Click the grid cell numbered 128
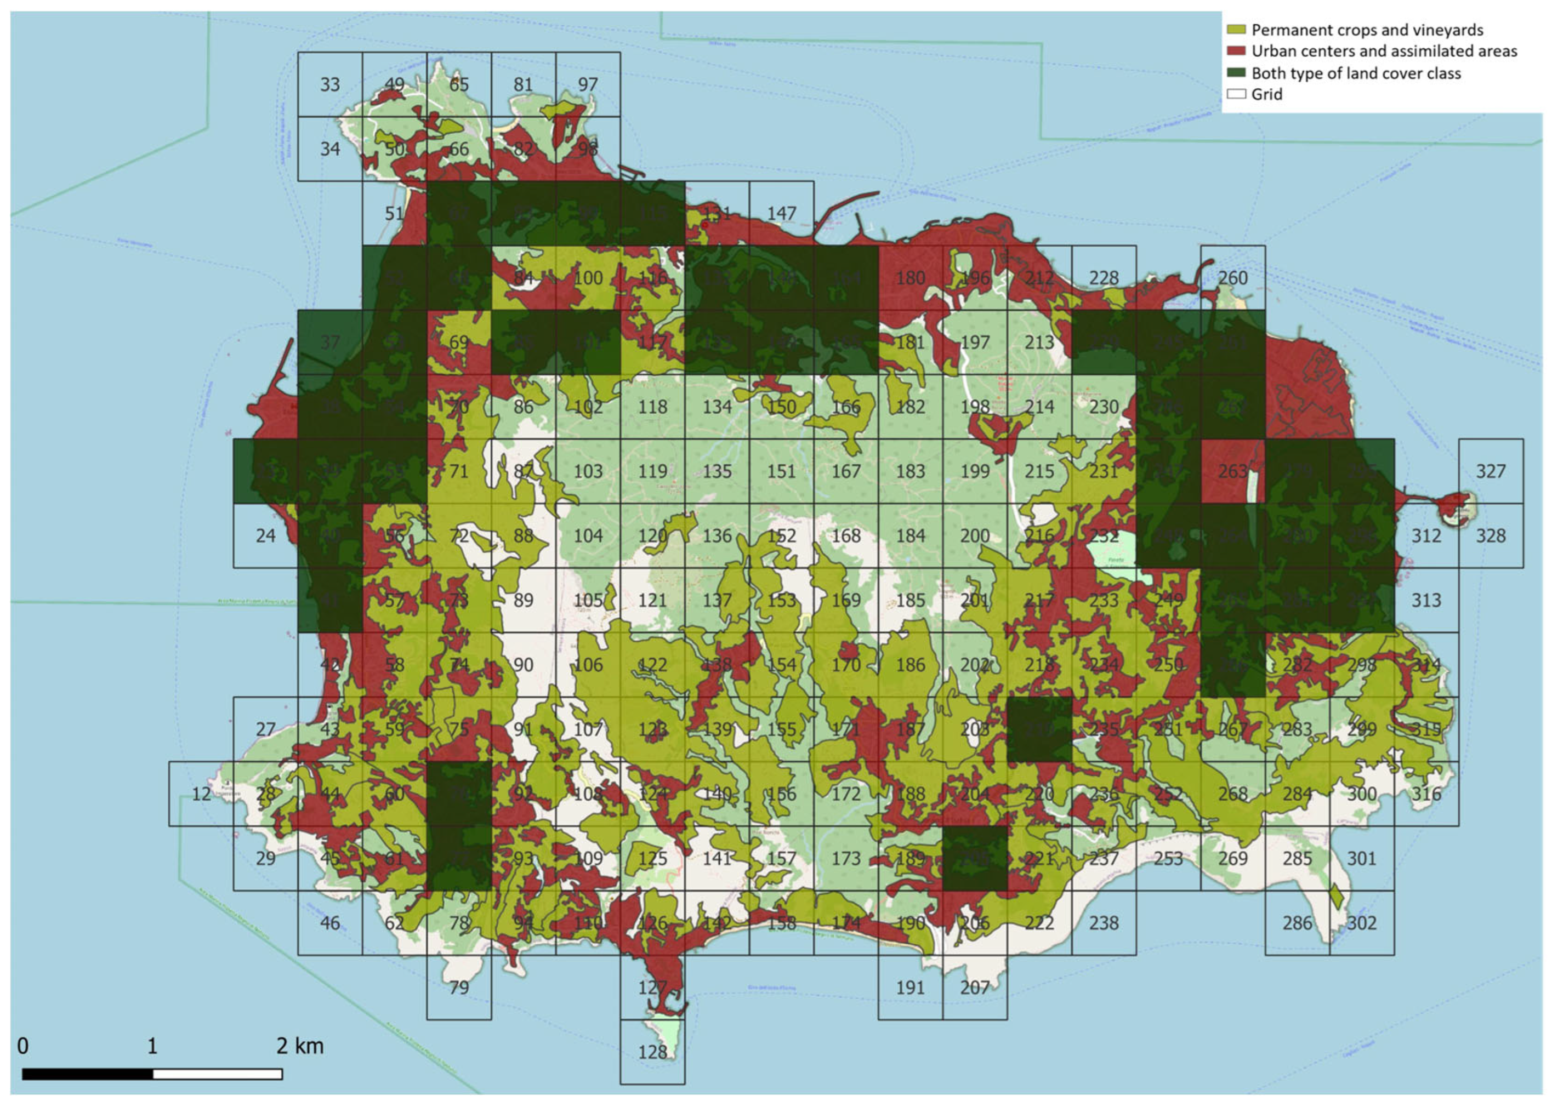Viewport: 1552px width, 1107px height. tap(652, 1051)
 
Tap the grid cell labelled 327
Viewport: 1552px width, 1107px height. tap(1491, 471)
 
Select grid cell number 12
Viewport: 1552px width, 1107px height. tap(201, 794)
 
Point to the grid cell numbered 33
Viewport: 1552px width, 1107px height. tap(330, 84)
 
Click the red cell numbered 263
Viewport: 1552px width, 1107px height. tap(1232, 471)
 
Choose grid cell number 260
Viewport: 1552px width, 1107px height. tap(1232, 277)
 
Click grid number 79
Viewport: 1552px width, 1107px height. tap(459, 987)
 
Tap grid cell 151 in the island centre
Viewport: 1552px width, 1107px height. tap(781, 471)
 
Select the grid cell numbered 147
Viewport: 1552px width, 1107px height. tap(781, 213)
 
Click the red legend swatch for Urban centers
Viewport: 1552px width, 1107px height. tap(1236, 51)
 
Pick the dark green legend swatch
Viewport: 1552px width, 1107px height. tap(1236, 73)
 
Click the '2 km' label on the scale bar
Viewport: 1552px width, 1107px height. tap(300, 1046)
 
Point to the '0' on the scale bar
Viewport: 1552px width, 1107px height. tap(22, 1046)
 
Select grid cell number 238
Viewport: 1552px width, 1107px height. tap(1104, 922)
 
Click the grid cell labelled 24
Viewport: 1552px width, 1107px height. tap(266, 536)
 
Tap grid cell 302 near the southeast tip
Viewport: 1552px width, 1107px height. tap(1361, 922)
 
